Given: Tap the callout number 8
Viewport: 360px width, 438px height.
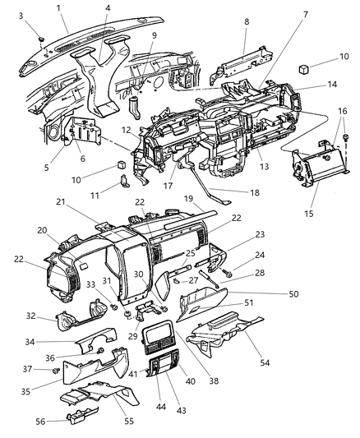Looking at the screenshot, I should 246,35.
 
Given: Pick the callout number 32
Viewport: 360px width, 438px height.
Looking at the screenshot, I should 30,315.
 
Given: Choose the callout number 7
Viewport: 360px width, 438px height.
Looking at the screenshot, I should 280,15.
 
